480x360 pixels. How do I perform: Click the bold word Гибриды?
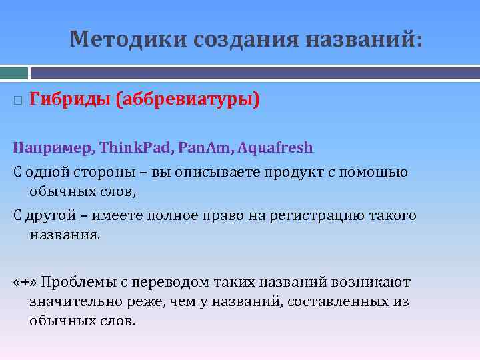tap(70, 100)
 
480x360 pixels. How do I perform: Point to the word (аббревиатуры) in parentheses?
tap(187, 100)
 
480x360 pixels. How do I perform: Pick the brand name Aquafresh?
tap(275, 147)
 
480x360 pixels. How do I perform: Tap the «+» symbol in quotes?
tap(25, 282)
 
